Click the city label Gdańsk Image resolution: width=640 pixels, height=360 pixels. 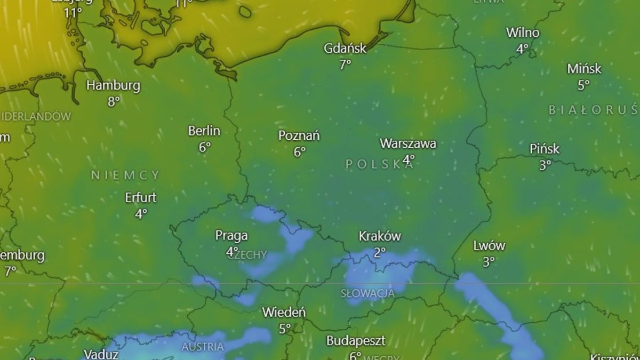click(x=345, y=49)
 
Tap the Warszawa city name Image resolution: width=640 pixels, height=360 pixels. click(x=408, y=143)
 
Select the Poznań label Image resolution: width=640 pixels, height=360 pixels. click(x=299, y=136)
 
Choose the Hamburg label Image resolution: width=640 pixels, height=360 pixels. click(x=114, y=85)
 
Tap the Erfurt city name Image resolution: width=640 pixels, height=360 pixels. click(x=141, y=198)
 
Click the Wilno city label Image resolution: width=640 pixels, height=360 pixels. click(x=523, y=33)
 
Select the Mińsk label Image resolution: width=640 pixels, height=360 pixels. click(x=584, y=69)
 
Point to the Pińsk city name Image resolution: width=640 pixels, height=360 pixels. click(x=545, y=149)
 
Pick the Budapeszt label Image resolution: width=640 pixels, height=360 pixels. click(x=356, y=340)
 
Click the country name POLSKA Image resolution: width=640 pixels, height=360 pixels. click(x=379, y=165)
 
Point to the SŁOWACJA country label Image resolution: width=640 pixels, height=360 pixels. click(x=368, y=293)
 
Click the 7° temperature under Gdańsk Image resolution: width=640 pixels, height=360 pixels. click(x=345, y=65)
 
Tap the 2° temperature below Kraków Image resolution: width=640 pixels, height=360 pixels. click(x=379, y=252)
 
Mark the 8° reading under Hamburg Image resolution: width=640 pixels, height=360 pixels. click(x=114, y=101)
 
